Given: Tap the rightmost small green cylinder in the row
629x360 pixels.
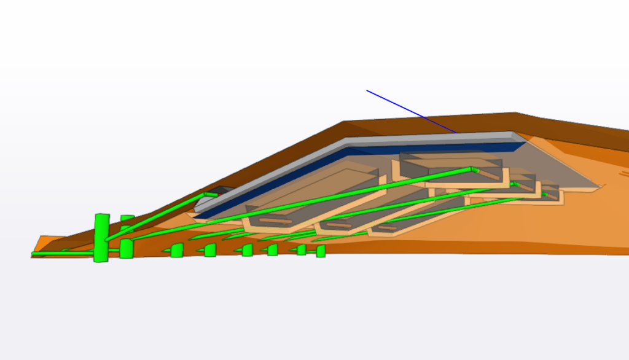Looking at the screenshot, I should coord(321,251).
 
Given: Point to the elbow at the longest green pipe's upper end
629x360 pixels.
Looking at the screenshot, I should coord(474,169).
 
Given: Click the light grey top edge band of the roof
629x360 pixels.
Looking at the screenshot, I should coord(369,147).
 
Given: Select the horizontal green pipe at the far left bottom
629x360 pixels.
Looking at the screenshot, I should coord(61,252).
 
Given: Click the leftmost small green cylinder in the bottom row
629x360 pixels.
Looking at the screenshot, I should coord(177,250).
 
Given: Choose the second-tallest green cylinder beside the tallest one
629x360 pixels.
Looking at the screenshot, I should coord(127,248).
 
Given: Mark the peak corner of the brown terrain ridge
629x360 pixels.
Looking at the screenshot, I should coord(515,114).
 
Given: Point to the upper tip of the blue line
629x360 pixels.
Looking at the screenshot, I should coord(367,91).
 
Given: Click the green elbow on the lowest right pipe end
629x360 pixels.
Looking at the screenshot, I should coord(544,195).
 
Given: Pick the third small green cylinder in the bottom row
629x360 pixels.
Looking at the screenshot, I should coord(247,250).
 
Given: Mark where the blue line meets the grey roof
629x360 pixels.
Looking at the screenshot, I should coord(456,132).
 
